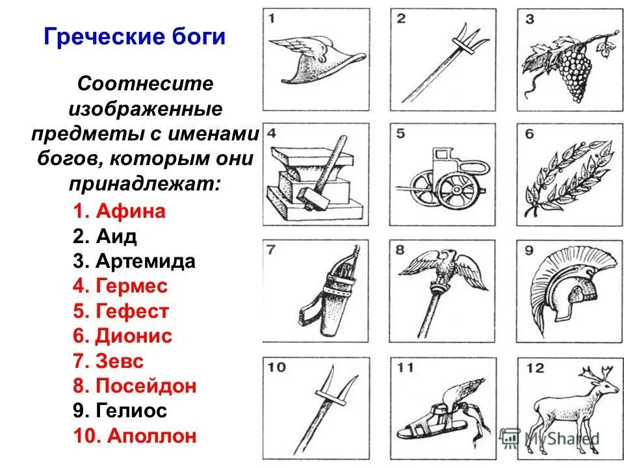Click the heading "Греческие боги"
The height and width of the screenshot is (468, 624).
click(x=135, y=36)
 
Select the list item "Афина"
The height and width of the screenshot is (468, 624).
click(x=131, y=211)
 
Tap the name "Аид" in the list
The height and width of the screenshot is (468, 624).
click(x=116, y=237)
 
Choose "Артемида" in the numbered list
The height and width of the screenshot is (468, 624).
click(x=145, y=261)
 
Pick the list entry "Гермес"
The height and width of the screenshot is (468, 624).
click(x=131, y=286)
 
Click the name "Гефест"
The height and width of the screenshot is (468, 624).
click(x=132, y=311)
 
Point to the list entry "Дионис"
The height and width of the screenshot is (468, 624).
click(x=134, y=336)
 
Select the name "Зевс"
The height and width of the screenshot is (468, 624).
click(x=120, y=361)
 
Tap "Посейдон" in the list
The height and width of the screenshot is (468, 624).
click(x=146, y=386)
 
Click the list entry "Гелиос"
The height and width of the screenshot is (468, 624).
click(x=131, y=411)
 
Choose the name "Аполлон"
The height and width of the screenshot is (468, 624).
click(x=146, y=435)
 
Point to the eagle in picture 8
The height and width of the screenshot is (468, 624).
click(x=445, y=268)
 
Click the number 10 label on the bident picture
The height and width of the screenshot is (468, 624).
click(x=276, y=367)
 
